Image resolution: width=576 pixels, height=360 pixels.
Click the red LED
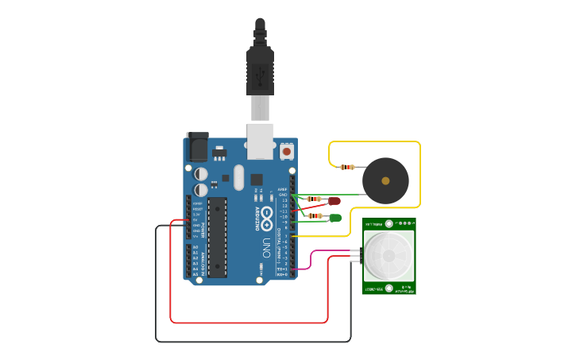coord(334,202)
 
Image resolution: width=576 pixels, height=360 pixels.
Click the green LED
coord(335,218)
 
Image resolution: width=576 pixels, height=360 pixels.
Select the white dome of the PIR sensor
coord(389,255)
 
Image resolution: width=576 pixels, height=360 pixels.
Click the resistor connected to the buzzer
coord(346,167)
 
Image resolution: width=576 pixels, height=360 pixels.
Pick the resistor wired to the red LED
coord(315,199)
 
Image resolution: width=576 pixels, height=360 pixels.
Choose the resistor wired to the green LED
coord(315,215)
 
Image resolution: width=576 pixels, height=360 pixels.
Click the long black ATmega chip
coord(217,238)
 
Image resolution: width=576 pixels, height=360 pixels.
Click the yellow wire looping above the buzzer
coord(373,142)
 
